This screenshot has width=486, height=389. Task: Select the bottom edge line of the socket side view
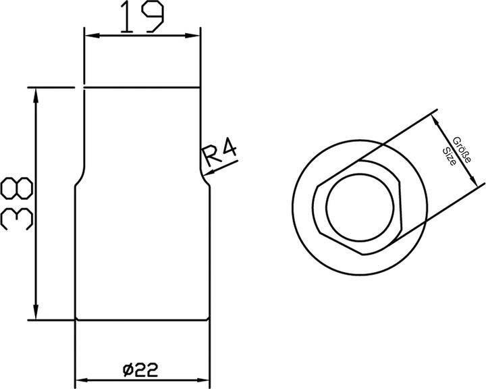pyautogui.click(x=142, y=320)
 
